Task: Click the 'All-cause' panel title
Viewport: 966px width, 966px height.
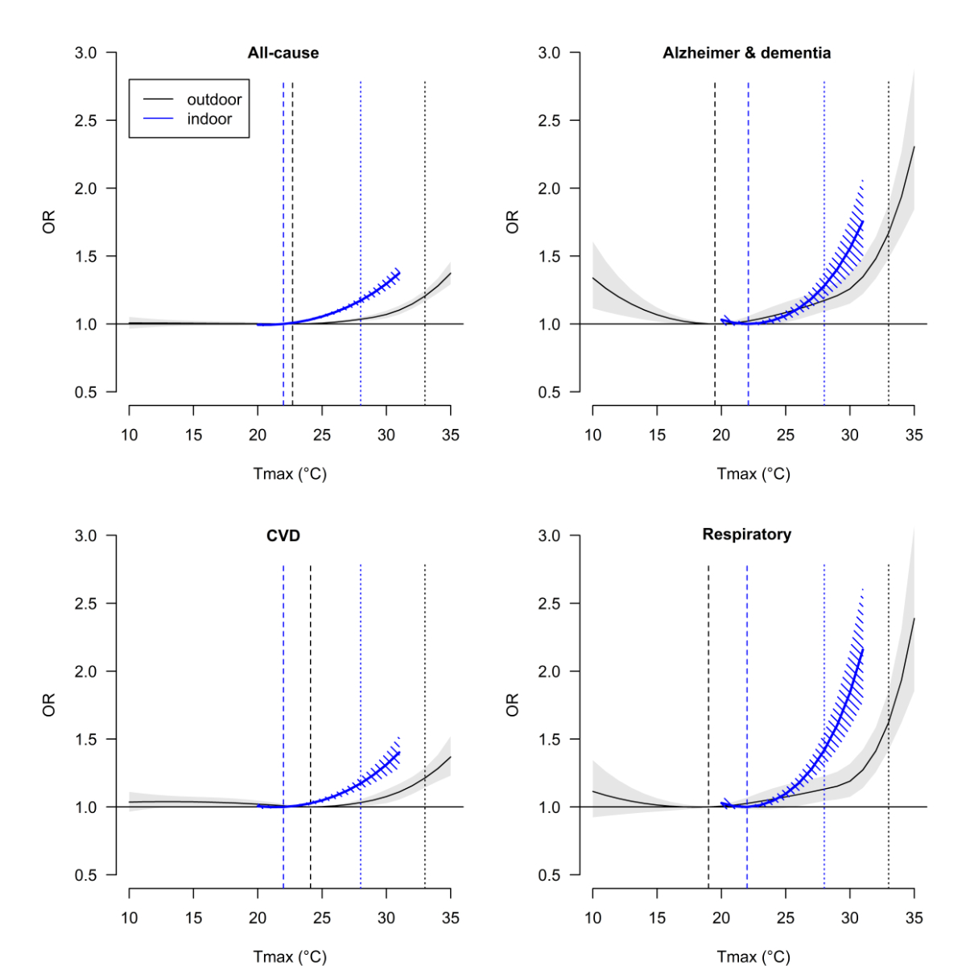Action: [x=283, y=53]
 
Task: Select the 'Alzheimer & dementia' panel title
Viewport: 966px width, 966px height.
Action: [x=746, y=53]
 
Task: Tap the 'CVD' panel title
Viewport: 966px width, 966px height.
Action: [x=283, y=535]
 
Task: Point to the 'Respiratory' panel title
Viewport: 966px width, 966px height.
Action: [x=746, y=535]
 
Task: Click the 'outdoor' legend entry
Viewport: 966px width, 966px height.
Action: [x=214, y=100]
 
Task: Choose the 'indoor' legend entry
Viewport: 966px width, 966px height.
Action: [x=209, y=119]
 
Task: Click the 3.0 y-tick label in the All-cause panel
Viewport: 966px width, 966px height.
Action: [x=85, y=53]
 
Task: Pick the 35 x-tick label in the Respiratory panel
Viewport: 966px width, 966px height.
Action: [x=914, y=918]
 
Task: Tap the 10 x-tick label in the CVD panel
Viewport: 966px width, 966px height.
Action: [x=129, y=918]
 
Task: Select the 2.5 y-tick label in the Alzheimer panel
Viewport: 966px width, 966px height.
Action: [x=549, y=121]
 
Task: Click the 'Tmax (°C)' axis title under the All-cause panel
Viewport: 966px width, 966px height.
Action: [x=290, y=474]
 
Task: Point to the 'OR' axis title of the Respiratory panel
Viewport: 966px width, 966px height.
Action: [x=513, y=705]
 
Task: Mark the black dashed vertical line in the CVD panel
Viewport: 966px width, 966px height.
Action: [x=311, y=684]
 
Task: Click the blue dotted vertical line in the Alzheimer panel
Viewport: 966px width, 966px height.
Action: [x=824, y=201]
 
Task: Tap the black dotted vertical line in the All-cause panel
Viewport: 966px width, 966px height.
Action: [x=425, y=201]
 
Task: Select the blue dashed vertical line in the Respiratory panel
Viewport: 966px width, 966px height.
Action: [x=747, y=684]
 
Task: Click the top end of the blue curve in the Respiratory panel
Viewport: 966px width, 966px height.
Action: [x=862, y=649]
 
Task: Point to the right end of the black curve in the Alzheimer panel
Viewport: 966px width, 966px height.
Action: [x=914, y=147]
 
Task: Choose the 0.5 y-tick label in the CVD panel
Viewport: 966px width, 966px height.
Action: [x=85, y=875]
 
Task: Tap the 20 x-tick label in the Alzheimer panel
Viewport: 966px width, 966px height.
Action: [x=721, y=436]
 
